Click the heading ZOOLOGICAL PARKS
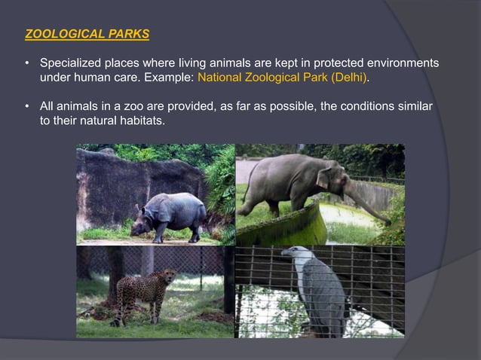87,34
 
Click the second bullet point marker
29,106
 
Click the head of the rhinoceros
142,223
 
